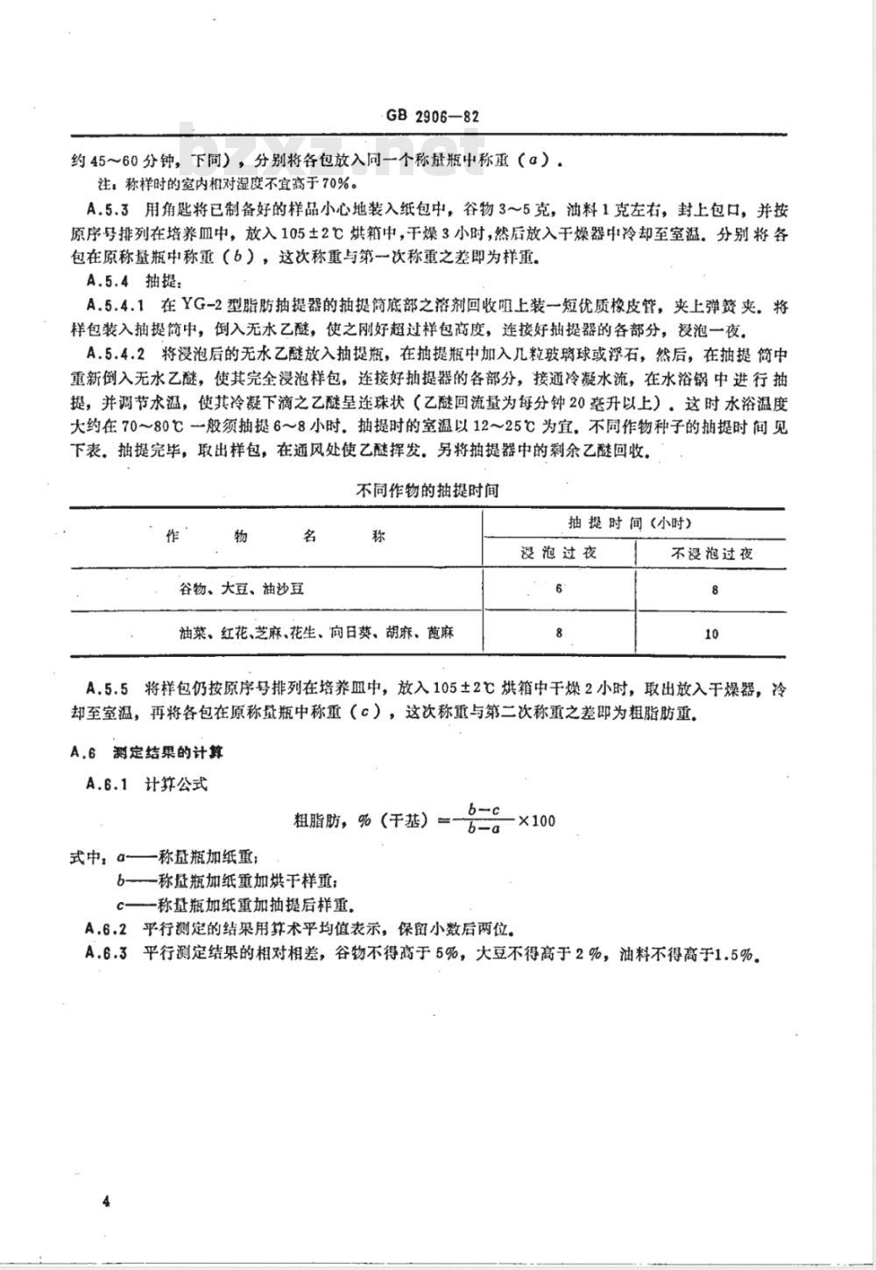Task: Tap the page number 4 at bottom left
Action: [x=105, y=1201]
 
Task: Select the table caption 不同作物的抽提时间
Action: [x=427, y=491]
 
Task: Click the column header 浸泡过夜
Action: [x=558, y=554]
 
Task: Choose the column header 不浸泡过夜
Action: [x=711, y=554]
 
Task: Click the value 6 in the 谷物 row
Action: [x=558, y=589]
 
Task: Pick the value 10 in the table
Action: [x=711, y=632]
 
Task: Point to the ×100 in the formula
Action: [x=536, y=822]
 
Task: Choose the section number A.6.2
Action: [x=108, y=928]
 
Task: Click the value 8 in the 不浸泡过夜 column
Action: [x=714, y=589]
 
